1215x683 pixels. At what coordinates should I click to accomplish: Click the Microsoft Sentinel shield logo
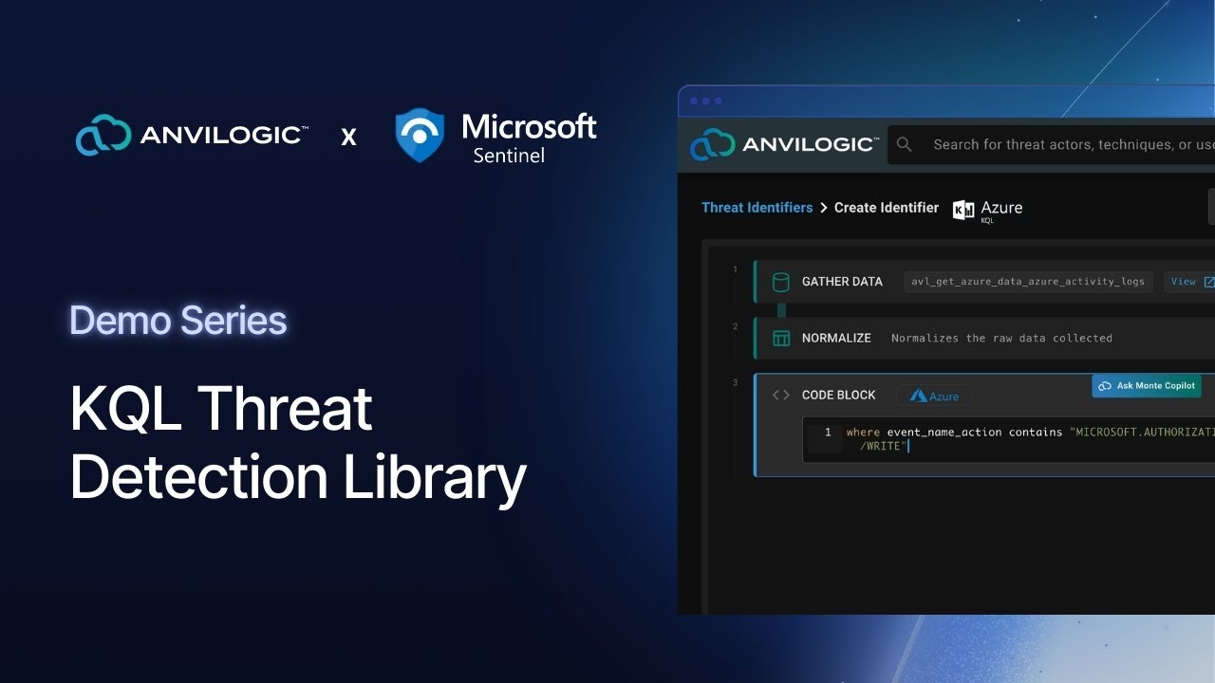click(x=419, y=134)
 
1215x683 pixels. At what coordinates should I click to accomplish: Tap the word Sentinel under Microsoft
click(x=509, y=155)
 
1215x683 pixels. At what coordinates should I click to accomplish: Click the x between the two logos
click(x=349, y=138)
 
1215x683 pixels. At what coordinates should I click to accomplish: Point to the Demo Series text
click(x=178, y=321)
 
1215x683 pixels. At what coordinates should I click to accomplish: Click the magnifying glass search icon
click(x=905, y=144)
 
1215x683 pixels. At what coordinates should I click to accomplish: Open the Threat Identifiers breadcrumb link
click(x=757, y=208)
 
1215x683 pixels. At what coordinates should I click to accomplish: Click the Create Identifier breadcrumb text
click(x=886, y=208)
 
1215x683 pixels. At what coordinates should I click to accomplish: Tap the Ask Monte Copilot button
click(x=1147, y=386)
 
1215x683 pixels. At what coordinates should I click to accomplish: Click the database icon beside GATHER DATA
click(x=781, y=282)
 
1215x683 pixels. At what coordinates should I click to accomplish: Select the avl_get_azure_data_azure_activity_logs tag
click(x=1027, y=282)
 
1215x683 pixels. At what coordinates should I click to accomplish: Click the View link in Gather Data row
click(x=1183, y=282)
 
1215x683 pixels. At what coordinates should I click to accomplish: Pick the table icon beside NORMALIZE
click(x=781, y=339)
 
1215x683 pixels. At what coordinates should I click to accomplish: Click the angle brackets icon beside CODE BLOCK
click(x=781, y=395)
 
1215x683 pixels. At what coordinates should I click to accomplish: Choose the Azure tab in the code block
click(x=934, y=396)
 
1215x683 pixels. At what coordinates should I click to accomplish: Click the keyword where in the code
click(x=863, y=433)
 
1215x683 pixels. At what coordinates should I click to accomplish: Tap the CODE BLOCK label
click(x=838, y=395)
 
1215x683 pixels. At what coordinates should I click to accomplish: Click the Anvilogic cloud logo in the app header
click(x=712, y=144)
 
